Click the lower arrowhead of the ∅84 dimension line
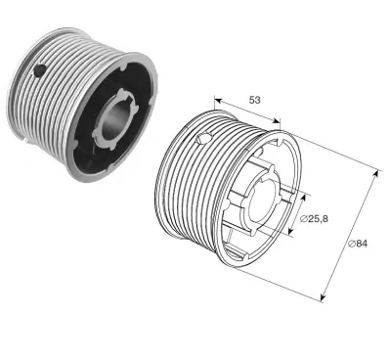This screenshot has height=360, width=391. click(x=322, y=295)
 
